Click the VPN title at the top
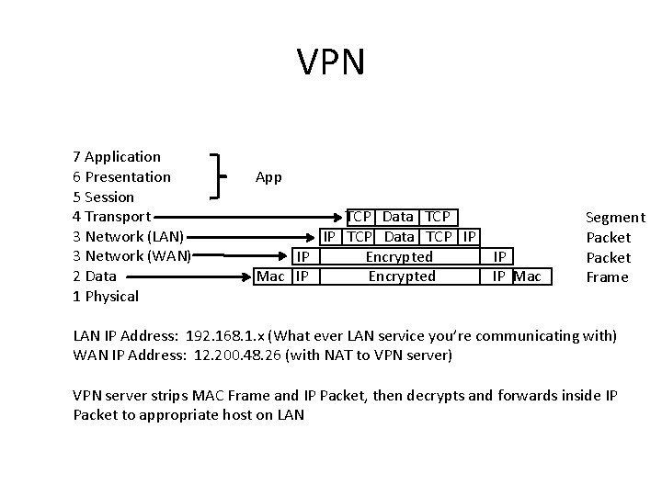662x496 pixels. click(x=331, y=62)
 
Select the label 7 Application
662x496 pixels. click(x=116, y=157)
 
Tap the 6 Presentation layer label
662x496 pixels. click(x=121, y=177)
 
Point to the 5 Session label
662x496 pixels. click(x=103, y=197)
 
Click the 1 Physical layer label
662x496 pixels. click(x=105, y=296)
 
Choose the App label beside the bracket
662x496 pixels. click(x=268, y=176)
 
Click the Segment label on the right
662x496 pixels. click(x=615, y=218)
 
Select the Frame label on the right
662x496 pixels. click(x=608, y=276)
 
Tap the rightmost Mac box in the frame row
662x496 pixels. click(x=528, y=276)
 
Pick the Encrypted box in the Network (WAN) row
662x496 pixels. click(x=399, y=256)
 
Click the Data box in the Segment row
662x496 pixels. click(x=397, y=217)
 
